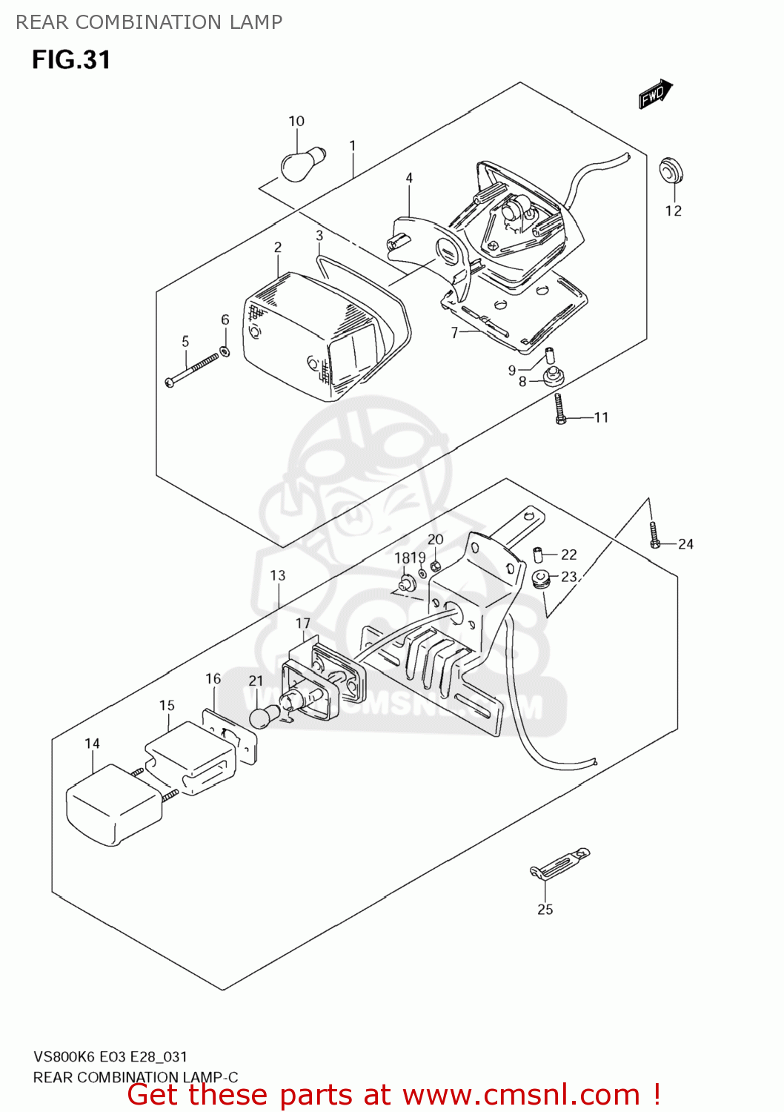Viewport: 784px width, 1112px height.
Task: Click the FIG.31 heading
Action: click(x=71, y=59)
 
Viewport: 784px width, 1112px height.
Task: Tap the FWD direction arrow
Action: click(x=655, y=94)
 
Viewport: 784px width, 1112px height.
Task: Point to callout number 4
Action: click(x=409, y=178)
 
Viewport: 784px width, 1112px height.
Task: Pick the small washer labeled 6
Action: click(x=225, y=351)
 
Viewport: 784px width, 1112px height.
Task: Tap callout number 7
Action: click(x=454, y=333)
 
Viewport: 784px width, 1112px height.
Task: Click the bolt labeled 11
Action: click(x=561, y=409)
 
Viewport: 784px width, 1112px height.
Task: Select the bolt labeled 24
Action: click(x=654, y=535)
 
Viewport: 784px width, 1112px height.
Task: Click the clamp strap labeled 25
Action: click(x=560, y=864)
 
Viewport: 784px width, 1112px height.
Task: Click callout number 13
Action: click(x=277, y=575)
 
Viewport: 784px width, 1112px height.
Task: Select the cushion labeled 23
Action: click(x=542, y=577)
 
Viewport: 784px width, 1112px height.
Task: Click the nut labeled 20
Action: click(x=436, y=566)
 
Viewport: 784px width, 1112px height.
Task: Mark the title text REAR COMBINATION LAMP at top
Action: click(x=149, y=22)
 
